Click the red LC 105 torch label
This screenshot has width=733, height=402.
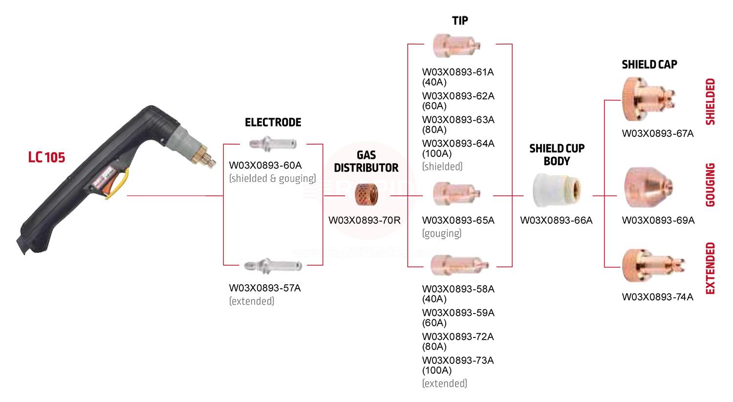coord(46,157)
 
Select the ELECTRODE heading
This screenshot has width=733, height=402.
coord(273,122)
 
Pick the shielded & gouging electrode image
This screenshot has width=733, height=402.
coord(272,144)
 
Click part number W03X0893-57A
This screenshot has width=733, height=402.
coord(265,288)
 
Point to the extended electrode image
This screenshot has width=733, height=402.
coord(273,265)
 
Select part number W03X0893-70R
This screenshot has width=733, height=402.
coord(365,220)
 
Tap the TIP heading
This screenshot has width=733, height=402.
coord(460,21)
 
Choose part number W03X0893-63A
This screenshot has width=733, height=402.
coord(458,120)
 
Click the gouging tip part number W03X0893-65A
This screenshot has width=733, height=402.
coord(458,220)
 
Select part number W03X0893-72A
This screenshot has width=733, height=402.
coord(458,337)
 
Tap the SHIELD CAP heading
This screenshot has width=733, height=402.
coord(649,64)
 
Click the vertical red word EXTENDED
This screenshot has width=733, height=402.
coord(711,268)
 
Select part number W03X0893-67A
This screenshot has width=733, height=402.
coord(657,133)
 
